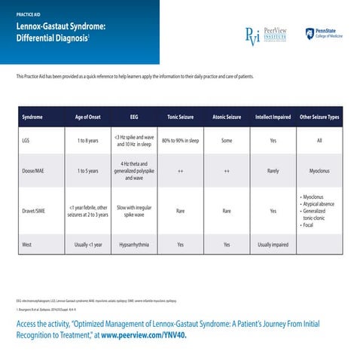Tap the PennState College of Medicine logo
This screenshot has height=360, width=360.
(323, 34)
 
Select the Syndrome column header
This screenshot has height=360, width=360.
(32, 117)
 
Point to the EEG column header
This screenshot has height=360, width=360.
(134, 117)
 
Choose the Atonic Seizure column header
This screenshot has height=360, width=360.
(227, 117)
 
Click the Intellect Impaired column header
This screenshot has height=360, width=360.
(273, 117)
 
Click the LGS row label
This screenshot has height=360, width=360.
(27, 141)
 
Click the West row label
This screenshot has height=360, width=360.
(28, 245)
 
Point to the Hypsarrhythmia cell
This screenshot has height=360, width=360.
(134, 245)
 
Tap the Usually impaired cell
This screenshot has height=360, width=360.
(273, 245)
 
